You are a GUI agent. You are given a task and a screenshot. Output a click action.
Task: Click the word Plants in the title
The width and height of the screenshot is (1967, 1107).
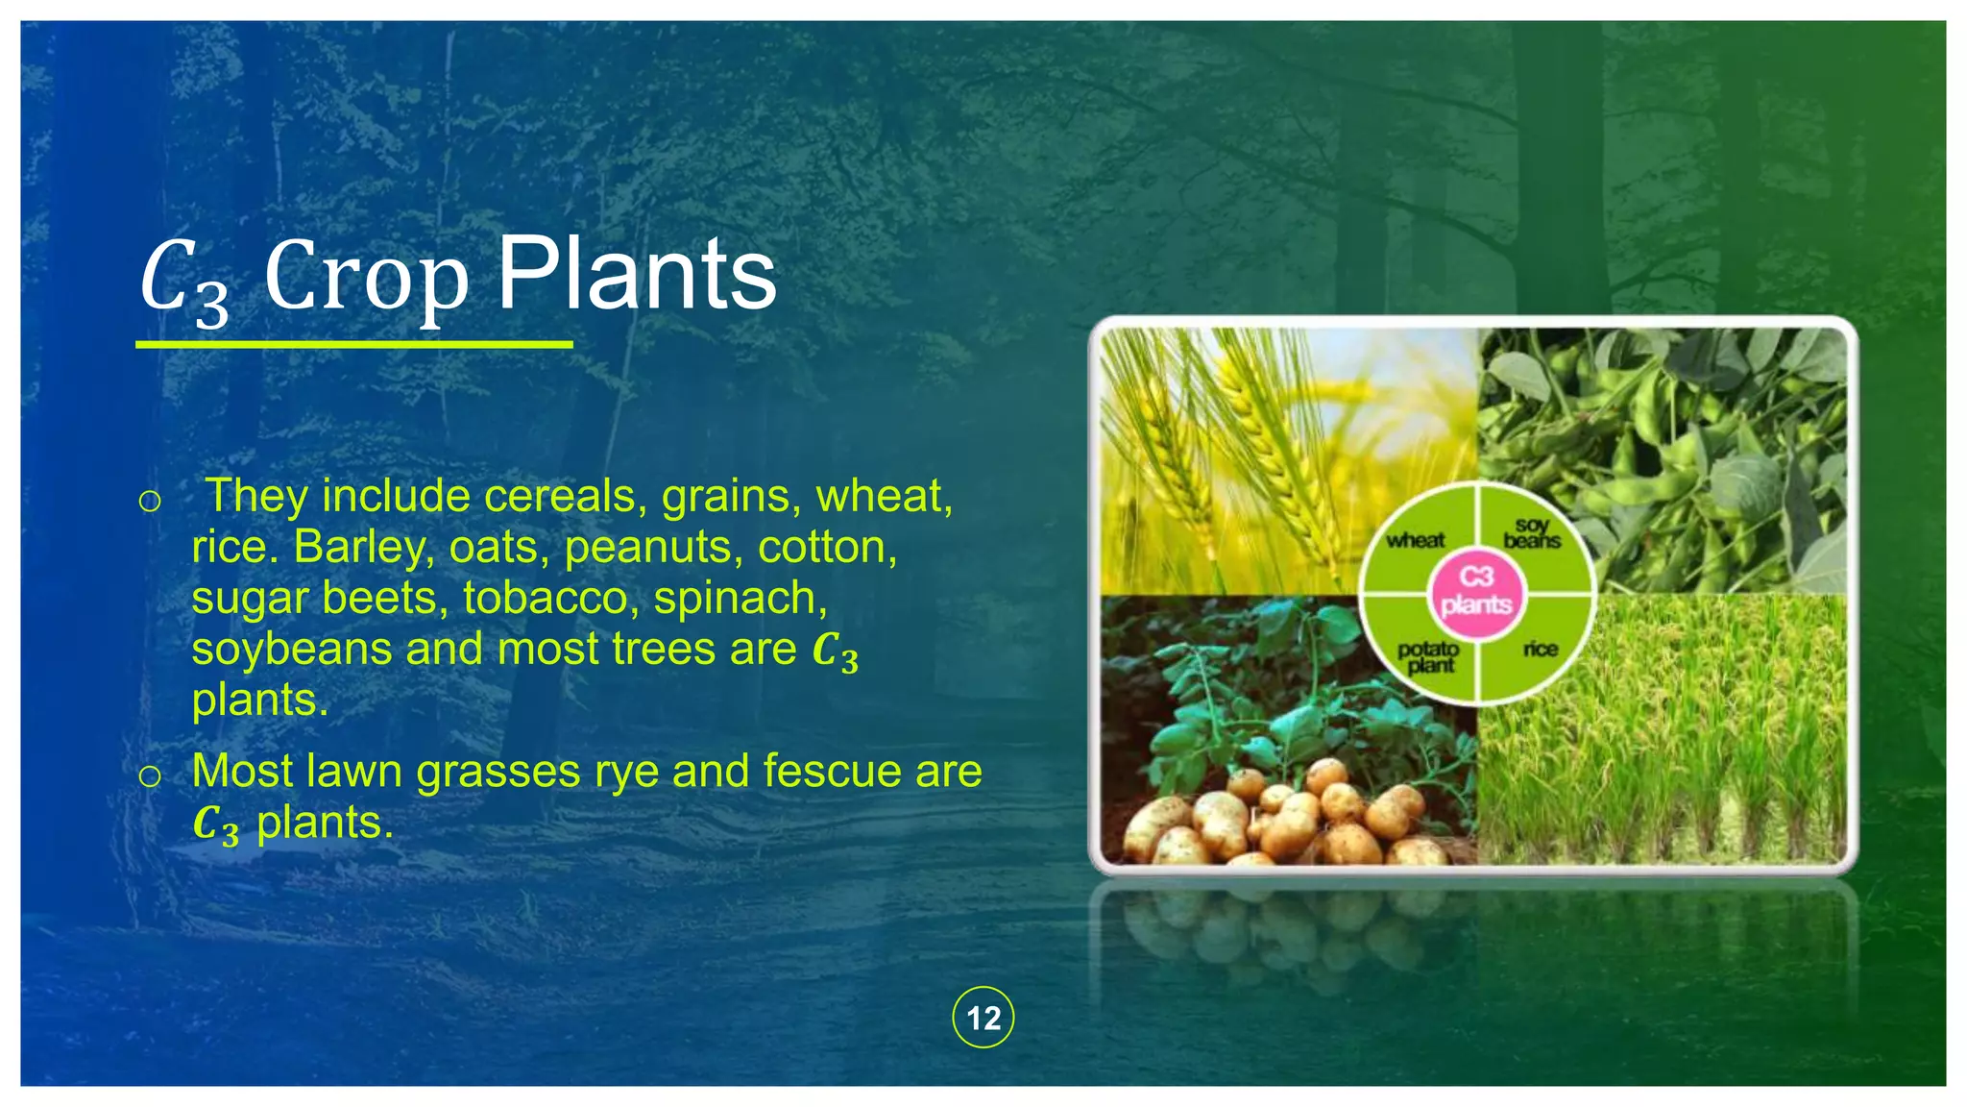636,276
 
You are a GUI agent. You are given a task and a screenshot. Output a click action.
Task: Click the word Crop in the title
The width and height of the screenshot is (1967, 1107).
367,279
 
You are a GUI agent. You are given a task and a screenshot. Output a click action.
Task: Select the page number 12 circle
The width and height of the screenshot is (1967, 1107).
983,1018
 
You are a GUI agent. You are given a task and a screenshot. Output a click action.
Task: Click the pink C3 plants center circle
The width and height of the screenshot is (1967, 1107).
1476,590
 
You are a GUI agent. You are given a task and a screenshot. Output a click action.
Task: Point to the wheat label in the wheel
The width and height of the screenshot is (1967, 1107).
1415,540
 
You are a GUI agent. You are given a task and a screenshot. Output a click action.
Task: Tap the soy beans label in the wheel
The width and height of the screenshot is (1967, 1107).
1532,533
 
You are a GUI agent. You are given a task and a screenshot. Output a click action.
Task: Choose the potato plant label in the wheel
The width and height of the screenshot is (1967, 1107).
1428,656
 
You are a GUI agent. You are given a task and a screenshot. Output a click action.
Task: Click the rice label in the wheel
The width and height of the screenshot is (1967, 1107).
1540,650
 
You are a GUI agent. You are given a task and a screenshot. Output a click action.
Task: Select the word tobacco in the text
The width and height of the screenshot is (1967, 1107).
544,599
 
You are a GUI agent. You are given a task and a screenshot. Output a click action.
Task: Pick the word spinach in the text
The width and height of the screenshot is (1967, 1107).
740,599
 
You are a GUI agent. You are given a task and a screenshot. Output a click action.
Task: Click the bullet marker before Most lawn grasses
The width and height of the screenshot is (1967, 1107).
150,775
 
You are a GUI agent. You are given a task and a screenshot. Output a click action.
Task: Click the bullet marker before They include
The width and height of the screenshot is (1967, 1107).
150,501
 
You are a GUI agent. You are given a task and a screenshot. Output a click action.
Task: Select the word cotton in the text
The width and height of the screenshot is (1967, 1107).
827,548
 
